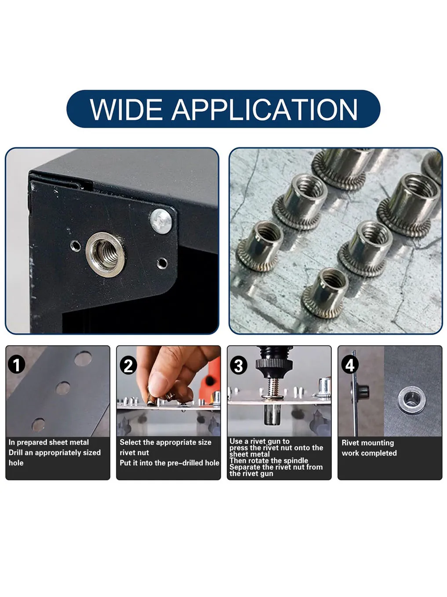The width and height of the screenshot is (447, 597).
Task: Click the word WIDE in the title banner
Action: click(127, 110)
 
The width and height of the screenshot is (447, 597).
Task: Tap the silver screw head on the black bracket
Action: click(161, 221)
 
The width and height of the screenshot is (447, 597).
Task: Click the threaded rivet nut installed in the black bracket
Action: click(105, 254)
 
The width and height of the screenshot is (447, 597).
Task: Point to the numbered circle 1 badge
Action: click(17, 365)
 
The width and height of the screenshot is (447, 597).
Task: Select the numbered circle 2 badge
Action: click(128, 366)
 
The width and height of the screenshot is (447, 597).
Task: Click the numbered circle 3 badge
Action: click(239, 366)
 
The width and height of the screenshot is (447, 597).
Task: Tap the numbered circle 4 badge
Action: click(350, 365)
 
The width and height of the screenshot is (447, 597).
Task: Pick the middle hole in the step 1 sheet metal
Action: click(63, 388)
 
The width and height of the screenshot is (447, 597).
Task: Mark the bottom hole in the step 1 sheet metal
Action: click(38, 424)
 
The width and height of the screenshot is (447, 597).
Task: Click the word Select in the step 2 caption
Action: click(130, 442)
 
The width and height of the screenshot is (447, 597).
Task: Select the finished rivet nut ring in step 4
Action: click(411, 399)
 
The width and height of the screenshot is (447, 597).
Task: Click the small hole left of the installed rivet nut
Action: click(76, 245)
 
